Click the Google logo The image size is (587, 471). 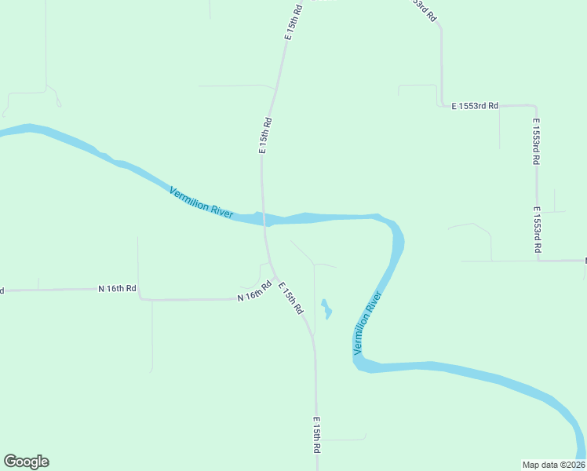tap(26, 462)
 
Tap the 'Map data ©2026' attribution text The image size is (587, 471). tap(553, 464)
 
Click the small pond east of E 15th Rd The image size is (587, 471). tap(326, 308)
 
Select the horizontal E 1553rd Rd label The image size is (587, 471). tap(475, 106)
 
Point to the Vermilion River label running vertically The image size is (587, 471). tap(367, 322)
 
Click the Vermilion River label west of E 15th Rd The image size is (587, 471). tap(202, 202)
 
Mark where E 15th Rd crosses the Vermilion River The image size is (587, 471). tap(264, 218)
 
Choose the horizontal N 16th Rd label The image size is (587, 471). tap(117, 289)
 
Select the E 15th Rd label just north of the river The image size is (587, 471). tap(266, 135)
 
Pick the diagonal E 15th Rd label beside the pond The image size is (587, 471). tap(290, 298)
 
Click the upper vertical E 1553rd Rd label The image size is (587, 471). tap(536, 141)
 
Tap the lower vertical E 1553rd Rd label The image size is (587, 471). tap(538, 229)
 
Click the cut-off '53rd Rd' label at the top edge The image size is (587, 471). tap(425, 9)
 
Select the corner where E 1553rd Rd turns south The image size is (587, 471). tap(536, 105)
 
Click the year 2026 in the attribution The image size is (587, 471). tap(574, 464)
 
